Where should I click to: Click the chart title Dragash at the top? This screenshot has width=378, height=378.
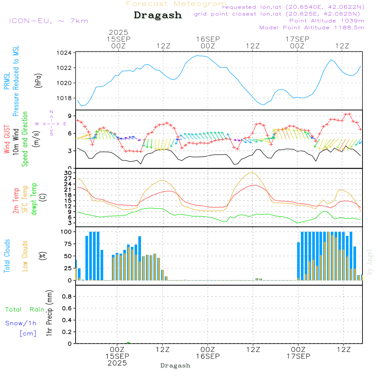coord(158,15)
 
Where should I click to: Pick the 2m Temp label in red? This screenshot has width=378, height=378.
coord(16,200)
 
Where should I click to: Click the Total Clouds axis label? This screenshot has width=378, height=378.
coord(7,256)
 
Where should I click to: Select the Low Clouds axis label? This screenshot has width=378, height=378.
coord(25,256)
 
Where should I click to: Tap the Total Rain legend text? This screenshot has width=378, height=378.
coord(25,309)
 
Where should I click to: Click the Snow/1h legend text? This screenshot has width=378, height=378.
coord(21,323)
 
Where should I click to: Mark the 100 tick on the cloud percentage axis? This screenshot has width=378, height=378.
coord(66,231)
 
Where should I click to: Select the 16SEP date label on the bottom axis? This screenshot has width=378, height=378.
coord(208,356)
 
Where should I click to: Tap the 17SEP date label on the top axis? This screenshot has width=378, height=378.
coord(297,39)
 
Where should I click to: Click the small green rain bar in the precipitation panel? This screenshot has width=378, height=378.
coord(129,342)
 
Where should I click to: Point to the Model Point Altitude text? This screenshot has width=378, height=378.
coord(312,28)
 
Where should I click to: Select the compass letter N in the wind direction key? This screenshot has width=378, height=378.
coord(51,112)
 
